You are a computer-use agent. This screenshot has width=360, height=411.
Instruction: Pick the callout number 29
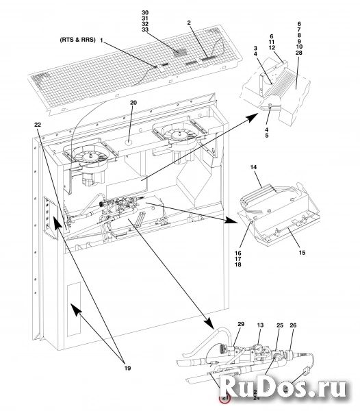[240, 323]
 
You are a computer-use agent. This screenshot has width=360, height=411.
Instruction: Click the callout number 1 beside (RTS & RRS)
[101, 41]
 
